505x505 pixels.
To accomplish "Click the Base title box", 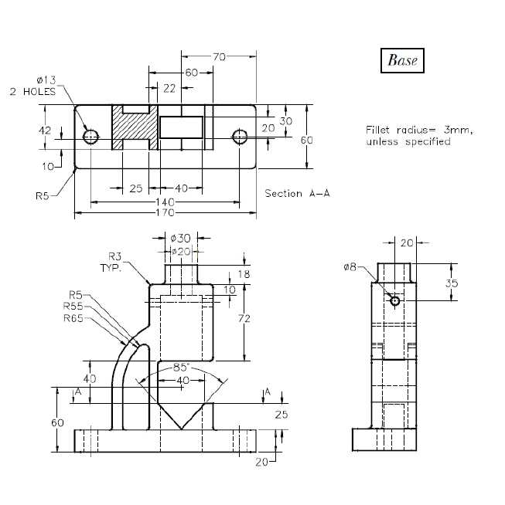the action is pos(402,60).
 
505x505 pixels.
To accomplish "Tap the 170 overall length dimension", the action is pos(165,212).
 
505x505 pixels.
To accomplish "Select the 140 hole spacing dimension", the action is pos(165,202).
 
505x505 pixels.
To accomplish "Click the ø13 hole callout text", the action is pos(46,80).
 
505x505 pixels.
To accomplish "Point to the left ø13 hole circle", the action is pos(90,137).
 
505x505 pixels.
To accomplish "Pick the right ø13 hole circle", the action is pos(240,137).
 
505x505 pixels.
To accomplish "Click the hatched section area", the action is pos(135,127).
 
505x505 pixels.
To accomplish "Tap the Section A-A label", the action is pos(297,193).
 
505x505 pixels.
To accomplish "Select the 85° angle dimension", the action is pos(181,367).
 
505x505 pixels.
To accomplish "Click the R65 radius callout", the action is pos(73,318).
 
